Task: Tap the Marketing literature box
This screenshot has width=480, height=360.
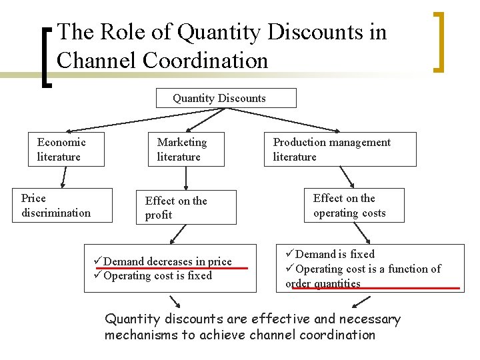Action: [x=186, y=149]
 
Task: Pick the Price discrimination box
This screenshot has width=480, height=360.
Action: [x=62, y=205]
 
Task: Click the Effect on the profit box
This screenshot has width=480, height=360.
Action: [x=190, y=208]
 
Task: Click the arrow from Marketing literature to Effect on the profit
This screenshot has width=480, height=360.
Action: [x=186, y=178]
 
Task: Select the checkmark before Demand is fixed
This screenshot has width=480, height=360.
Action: [x=290, y=254]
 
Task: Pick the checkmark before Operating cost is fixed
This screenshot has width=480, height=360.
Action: [x=99, y=276]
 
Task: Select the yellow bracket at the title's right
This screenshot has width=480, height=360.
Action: [x=438, y=41]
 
